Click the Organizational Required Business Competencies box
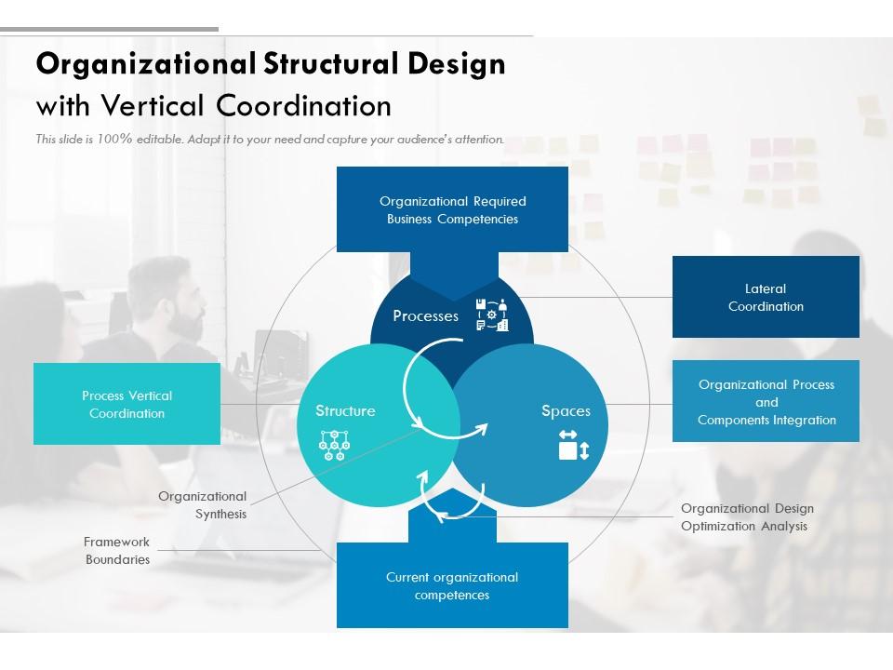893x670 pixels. [x=452, y=210]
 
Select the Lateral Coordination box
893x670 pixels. [x=766, y=298]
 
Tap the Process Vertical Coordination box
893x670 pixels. [x=127, y=404]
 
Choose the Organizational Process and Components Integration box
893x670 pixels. [x=766, y=402]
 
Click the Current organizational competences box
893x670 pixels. [x=452, y=586]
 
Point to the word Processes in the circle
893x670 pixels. [x=425, y=316]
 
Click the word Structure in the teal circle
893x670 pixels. [x=345, y=411]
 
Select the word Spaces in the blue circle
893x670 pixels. [x=566, y=411]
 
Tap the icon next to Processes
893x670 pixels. [x=492, y=315]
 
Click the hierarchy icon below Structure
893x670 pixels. [x=333, y=445]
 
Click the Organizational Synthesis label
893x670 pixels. [x=203, y=505]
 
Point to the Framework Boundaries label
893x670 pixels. [x=117, y=551]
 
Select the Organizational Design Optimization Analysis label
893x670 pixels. [x=747, y=517]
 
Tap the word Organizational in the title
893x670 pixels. [x=144, y=64]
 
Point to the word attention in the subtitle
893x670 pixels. [x=477, y=140]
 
